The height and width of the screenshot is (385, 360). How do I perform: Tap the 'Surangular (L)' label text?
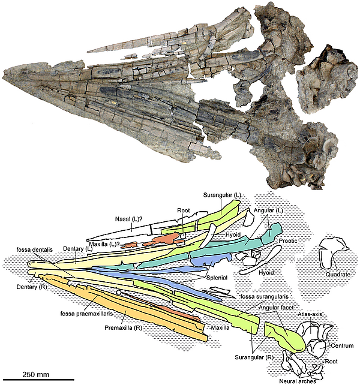tap(222, 195)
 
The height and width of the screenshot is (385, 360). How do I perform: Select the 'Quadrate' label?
tap(338, 274)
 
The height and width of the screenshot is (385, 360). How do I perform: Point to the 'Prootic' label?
tap(288, 240)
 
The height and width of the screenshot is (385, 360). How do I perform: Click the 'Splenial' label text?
tap(217, 278)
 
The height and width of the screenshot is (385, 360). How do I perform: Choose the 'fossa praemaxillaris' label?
tap(86, 314)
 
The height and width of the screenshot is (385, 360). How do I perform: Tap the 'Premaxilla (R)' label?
tap(124, 328)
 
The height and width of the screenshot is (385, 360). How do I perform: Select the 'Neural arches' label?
tap(298, 381)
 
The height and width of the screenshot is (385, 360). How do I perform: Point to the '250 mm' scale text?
tap(36, 374)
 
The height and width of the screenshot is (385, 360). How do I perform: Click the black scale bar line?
tap(38, 380)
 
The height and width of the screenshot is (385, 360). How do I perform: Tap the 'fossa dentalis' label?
tap(34, 249)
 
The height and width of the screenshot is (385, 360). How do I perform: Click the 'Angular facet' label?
tap(276, 308)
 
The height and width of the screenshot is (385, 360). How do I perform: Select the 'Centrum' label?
tap(343, 345)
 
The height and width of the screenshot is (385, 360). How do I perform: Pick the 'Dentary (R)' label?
tap(32, 287)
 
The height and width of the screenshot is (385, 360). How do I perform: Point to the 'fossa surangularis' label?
tap(265, 296)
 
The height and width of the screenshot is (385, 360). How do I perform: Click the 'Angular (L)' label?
tap(268, 210)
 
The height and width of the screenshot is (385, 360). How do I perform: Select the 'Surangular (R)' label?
tap(254, 357)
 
